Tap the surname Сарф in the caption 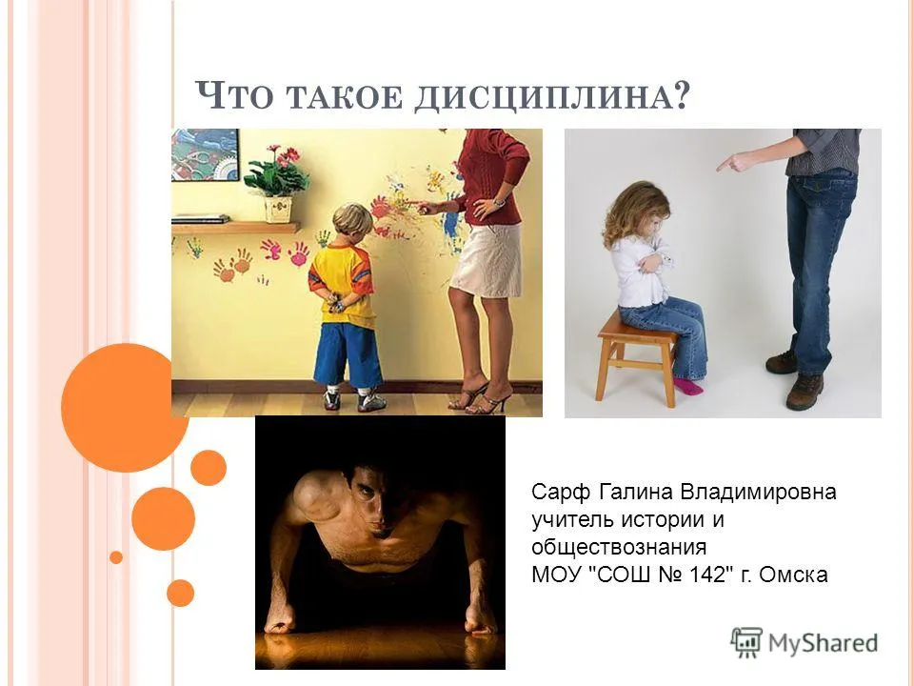click(561, 492)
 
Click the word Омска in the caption click(793, 575)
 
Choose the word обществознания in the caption click(619, 547)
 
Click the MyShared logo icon click(746, 643)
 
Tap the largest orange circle click(124, 408)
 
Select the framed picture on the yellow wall click(206, 154)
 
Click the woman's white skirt click(487, 259)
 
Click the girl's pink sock click(687, 386)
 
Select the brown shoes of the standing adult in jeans click(796, 379)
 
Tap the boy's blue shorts click(348, 354)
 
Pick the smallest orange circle click(116, 557)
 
